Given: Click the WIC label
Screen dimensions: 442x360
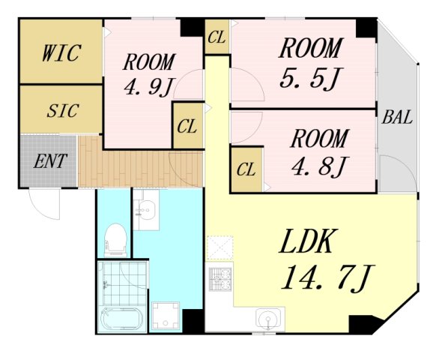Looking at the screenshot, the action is (x=61, y=52).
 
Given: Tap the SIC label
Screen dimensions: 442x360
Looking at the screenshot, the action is (x=63, y=110).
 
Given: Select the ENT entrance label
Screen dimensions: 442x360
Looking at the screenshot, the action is (x=50, y=161).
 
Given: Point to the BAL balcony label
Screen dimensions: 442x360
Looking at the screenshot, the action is (x=397, y=117).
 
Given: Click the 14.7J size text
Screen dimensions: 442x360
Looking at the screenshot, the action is (x=328, y=278).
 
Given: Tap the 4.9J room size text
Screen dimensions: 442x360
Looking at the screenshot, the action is (x=148, y=85).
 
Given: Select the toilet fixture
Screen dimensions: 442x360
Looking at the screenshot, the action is (x=115, y=239).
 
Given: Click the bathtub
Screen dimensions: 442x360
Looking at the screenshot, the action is (x=121, y=319).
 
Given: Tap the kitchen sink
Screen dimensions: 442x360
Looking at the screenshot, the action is (x=268, y=319).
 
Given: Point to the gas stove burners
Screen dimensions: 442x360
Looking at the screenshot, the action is (x=220, y=279).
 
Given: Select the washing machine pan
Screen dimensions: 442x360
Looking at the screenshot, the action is (x=166, y=316).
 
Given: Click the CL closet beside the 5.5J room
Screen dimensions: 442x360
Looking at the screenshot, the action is (x=217, y=37).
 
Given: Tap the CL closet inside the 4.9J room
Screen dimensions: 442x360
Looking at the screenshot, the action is (x=187, y=126).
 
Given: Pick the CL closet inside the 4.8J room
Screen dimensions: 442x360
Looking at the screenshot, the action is (x=246, y=169).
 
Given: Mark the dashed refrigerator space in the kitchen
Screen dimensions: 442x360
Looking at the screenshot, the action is (x=220, y=247).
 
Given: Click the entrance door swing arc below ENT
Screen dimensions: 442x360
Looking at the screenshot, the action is (x=45, y=204).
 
